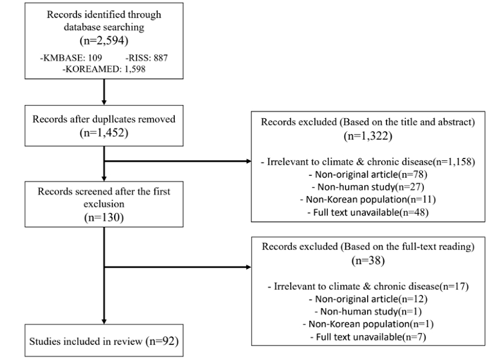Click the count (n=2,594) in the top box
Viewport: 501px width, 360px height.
(x=104, y=40)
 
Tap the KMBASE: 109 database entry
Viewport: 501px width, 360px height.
(x=71, y=58)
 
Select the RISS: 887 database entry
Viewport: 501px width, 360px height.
(x=147, y=58)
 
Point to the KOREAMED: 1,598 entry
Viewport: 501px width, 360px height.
(x=104, y=69)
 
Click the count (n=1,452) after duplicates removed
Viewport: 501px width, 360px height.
(x=104, y=133)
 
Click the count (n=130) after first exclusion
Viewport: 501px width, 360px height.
(x=104, y=218)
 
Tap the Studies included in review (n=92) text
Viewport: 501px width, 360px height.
(x=104, y=341)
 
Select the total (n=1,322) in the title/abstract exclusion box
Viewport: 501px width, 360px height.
(x=368, y=136)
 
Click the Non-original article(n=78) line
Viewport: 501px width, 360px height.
(x=368, y=174)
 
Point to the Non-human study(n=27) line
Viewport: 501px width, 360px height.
(x=368, y=187)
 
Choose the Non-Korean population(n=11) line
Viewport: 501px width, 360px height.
(x=368, y=200)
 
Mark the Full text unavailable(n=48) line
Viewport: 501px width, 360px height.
(x=368, y=212)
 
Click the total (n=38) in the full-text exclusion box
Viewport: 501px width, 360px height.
(x=368, y=261)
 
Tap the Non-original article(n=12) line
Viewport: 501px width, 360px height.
(x=368, y=299)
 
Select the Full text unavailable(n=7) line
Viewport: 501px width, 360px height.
(x=368, y=337)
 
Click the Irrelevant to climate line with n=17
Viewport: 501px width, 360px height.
(x=368, y=286)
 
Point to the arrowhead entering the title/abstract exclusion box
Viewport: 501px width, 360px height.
(x=249, y=161)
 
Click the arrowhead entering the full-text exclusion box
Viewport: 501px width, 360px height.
(x=249, y=267)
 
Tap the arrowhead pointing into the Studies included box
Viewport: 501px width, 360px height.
(x=104, y=321)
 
